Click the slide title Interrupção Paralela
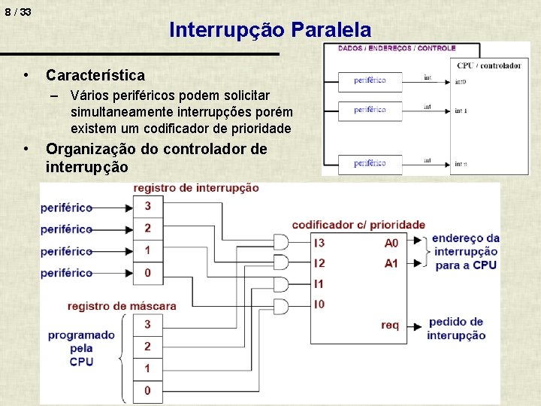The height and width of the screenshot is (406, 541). point(270,30)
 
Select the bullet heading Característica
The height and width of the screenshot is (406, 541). point(95,75)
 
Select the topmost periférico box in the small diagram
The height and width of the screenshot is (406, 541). point(370,80)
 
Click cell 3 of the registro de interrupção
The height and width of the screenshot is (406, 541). point(147,206)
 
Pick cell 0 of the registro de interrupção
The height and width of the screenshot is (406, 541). point(147,272)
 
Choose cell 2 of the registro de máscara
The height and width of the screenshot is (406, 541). point(147,346)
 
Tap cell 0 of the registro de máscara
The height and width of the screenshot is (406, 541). point(147,390)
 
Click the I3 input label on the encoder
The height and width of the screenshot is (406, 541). point(319,242)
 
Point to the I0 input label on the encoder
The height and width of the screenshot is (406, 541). point(319,304)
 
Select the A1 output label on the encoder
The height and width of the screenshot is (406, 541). point(391,263)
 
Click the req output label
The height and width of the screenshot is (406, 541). point(390,325)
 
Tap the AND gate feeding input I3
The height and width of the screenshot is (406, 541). point(282,242)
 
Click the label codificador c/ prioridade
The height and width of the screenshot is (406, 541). point(358,225)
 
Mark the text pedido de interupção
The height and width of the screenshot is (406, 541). point(456,329)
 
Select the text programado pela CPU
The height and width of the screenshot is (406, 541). point(81,348)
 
